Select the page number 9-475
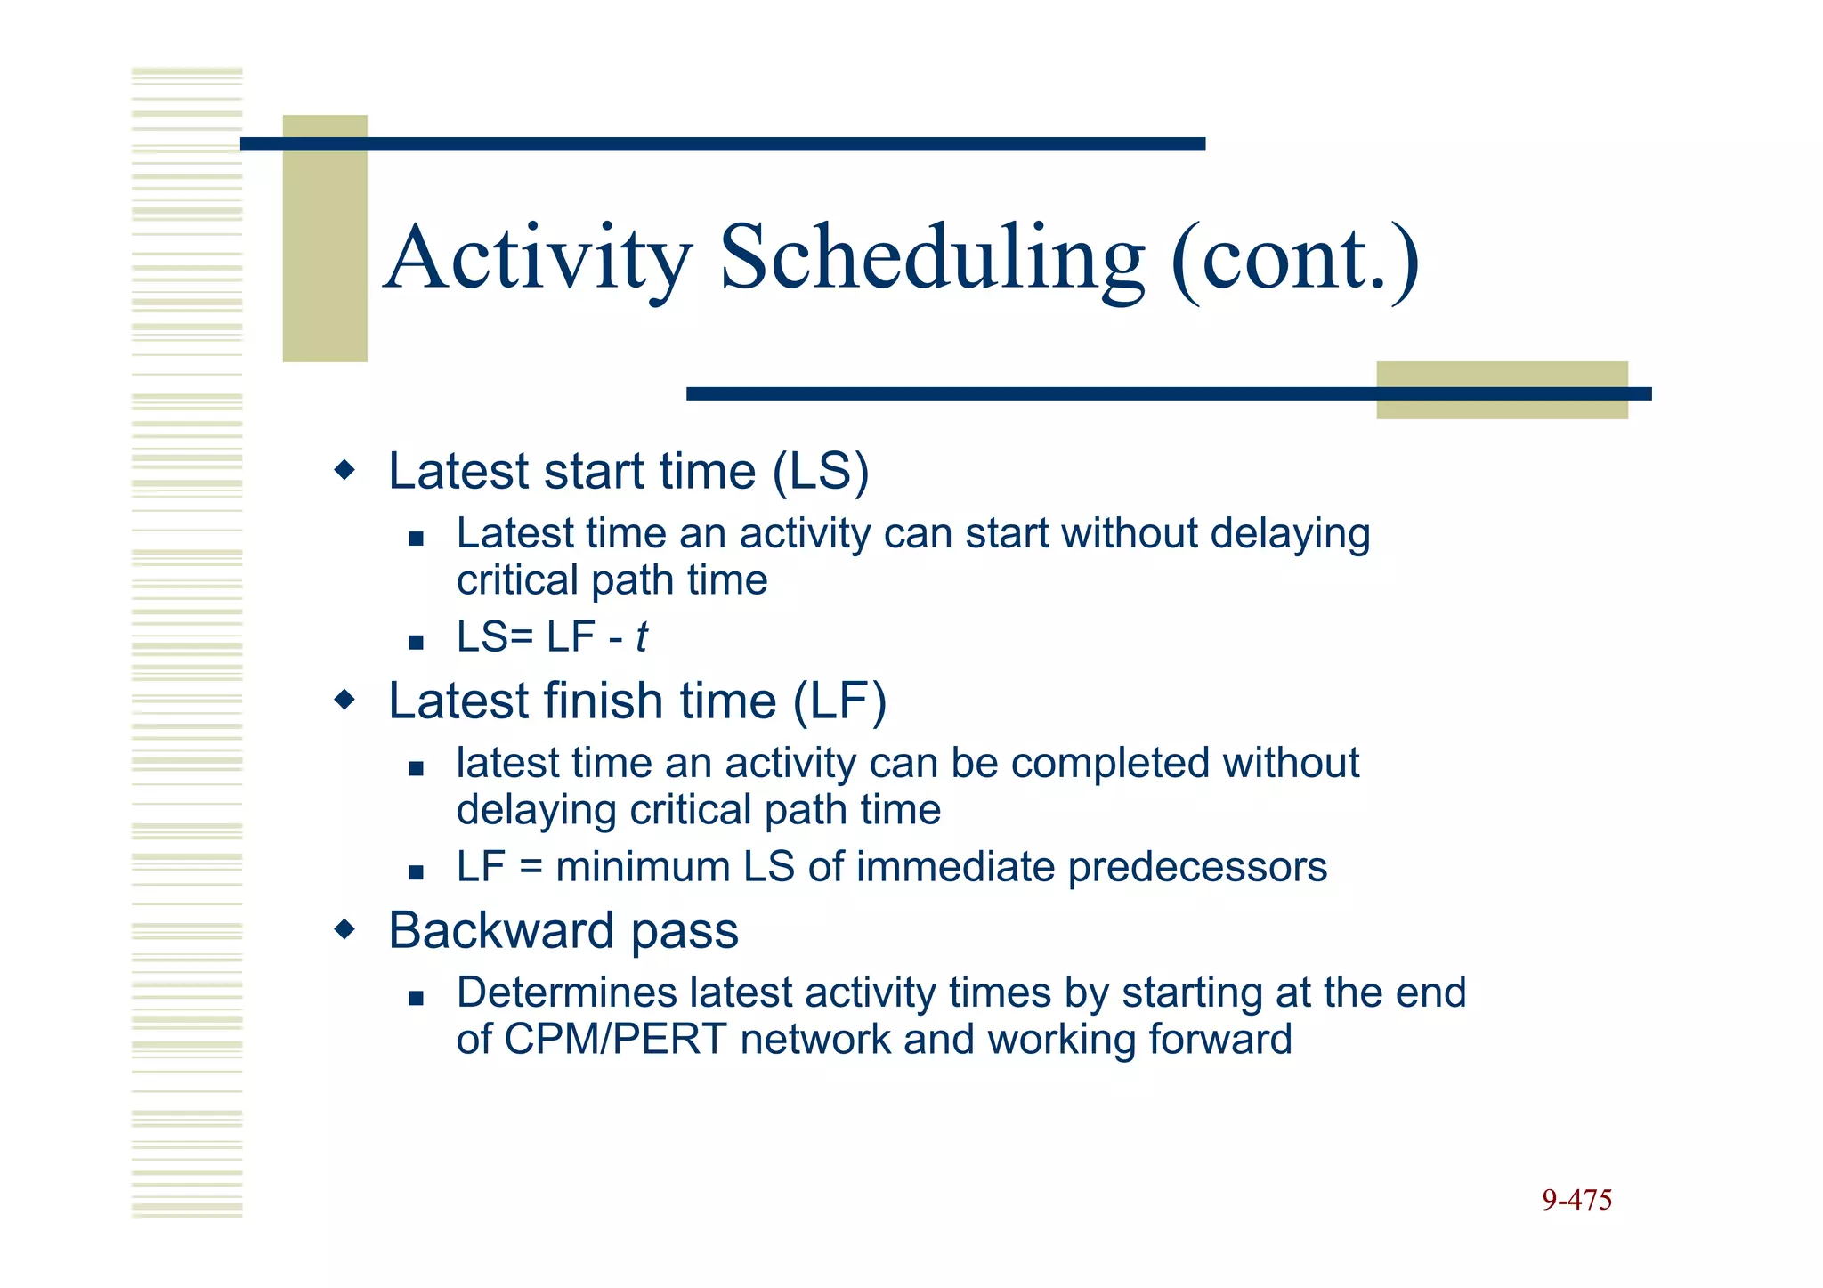click(1576, 1200)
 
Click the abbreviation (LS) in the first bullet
click(820, 472)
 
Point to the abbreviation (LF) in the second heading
click(839, 701)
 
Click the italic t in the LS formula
click(641, 637)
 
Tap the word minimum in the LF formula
click(643, 867)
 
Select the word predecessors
click(1196, 867)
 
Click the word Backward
click(501, 931)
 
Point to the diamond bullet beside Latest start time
click(344, 470)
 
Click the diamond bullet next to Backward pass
click(344, 930)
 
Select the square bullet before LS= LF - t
click(416, 642)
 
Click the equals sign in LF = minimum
click(531, 867)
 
